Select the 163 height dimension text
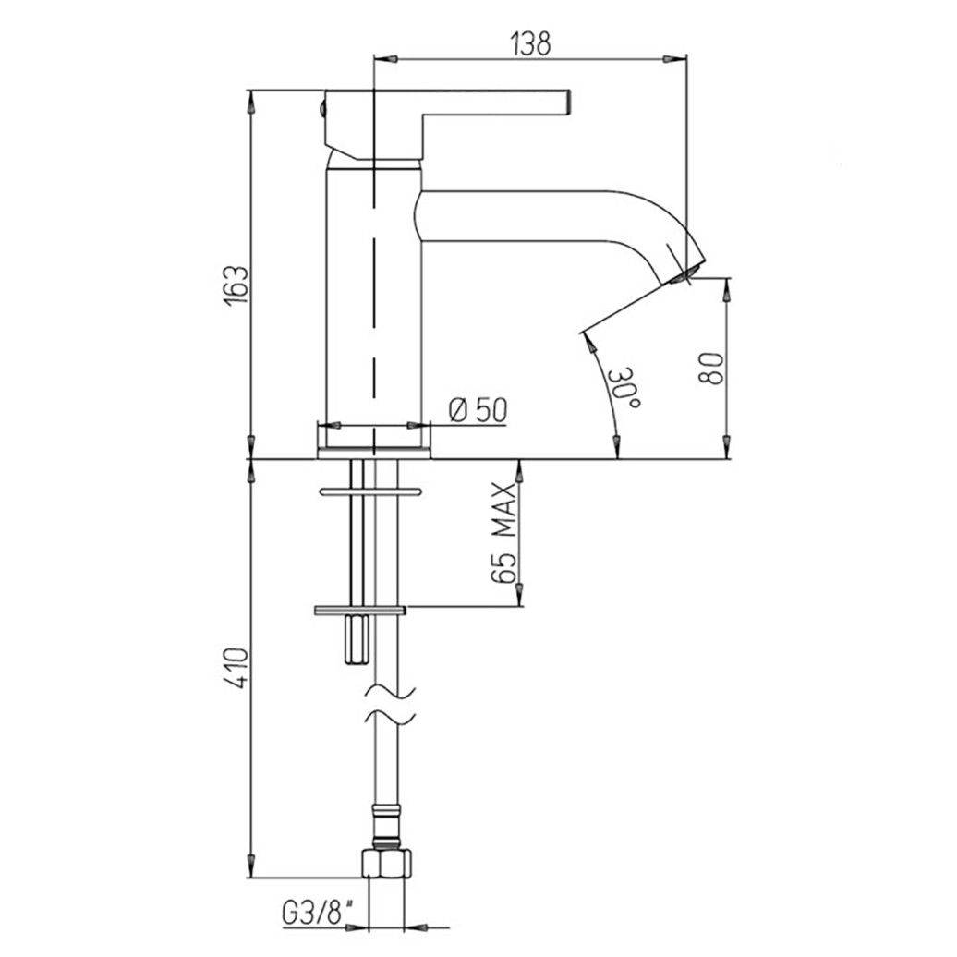point(237,285)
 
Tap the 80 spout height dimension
point(710,368)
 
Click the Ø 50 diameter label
point(478,409)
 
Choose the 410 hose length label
point(238,669)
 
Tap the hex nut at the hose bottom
point(388,863)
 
